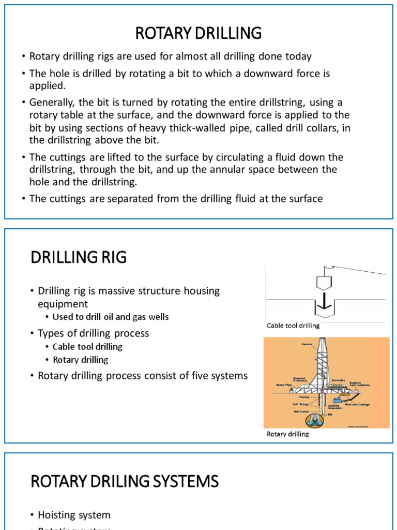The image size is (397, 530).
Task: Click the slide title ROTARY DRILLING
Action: [x=198, y=33]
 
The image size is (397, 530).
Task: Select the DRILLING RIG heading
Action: [x=79, y=257]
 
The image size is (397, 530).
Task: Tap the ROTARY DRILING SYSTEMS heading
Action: [x=125, y=482]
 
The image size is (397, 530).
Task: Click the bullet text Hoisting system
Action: [x=74, y=515]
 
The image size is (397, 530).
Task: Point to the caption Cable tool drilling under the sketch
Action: [x=293, y=326]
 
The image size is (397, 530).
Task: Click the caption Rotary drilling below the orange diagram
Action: [x=287, y=434]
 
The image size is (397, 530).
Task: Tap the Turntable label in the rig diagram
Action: [x=338, y=380]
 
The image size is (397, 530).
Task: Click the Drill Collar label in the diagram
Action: [x=301, y=411]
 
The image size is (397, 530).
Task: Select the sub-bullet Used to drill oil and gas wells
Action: [x=111, y=317]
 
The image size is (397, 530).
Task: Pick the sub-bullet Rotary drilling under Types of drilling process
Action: [x=80, y=360]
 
